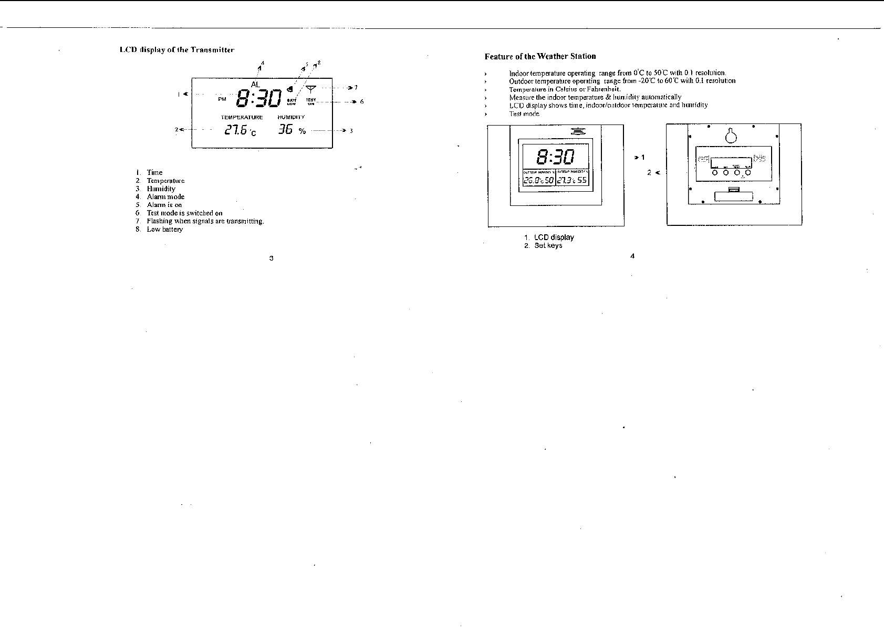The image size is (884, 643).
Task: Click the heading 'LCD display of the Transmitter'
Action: [x=176, y=50]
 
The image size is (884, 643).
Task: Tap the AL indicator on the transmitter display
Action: [x=255, y=85]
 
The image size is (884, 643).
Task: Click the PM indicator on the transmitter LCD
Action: [x=222, y=99]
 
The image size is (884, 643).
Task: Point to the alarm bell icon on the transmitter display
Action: [x=290, y=89]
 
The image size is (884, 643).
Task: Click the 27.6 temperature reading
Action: [x=236, y=130]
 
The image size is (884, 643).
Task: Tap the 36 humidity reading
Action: [x=285, y=130]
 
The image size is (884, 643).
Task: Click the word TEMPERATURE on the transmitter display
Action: [x=242, y=118]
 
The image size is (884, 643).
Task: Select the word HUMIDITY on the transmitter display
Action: [x=291, y=118]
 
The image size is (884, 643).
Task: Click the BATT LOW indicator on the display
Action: [x=292, y=101]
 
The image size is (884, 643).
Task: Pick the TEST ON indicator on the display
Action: [x=311, y=101]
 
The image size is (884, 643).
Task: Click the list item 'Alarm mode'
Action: [x=165, y=197]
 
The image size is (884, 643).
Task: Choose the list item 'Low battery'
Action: [x=164, y=230]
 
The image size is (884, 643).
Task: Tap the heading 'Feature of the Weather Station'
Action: [x=540, y=56]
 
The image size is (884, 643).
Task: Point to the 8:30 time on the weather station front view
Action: [x=555, y=156]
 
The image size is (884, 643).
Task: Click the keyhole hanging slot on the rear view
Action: [x=731, y=136]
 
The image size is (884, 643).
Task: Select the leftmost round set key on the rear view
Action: [x=714, y=172]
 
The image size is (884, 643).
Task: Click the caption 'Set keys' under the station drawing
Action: [x=548, y=245]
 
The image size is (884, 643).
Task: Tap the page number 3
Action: [x=271, y=258]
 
